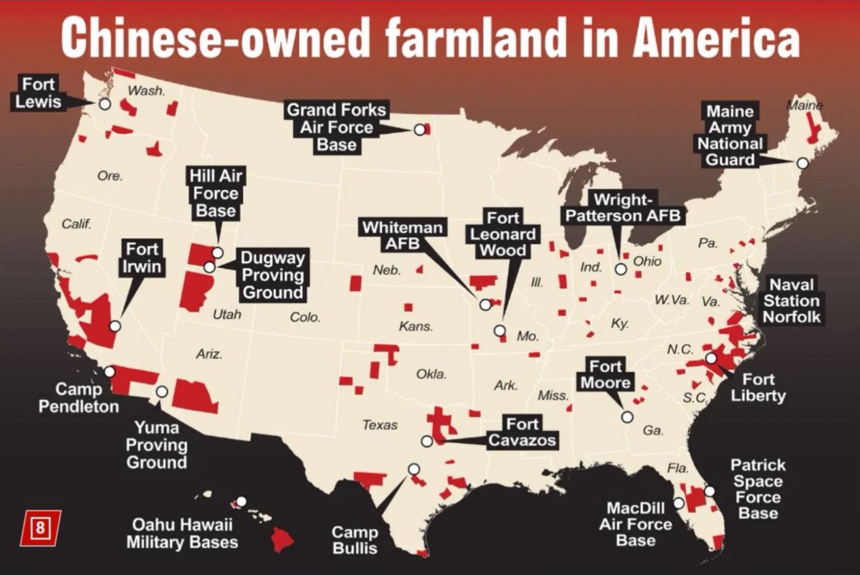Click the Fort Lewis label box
(38, 92)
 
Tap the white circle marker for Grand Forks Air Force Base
(419, 130)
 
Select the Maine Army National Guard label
(730, 136)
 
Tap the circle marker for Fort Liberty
(710, 358)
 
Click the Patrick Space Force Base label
(758, 489)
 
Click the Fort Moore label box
(606, 374)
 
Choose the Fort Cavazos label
(522, 432)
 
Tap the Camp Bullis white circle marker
(414, 469)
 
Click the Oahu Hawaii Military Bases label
(182, 533)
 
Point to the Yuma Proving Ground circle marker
(162, 392)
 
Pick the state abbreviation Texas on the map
(379, 425)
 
